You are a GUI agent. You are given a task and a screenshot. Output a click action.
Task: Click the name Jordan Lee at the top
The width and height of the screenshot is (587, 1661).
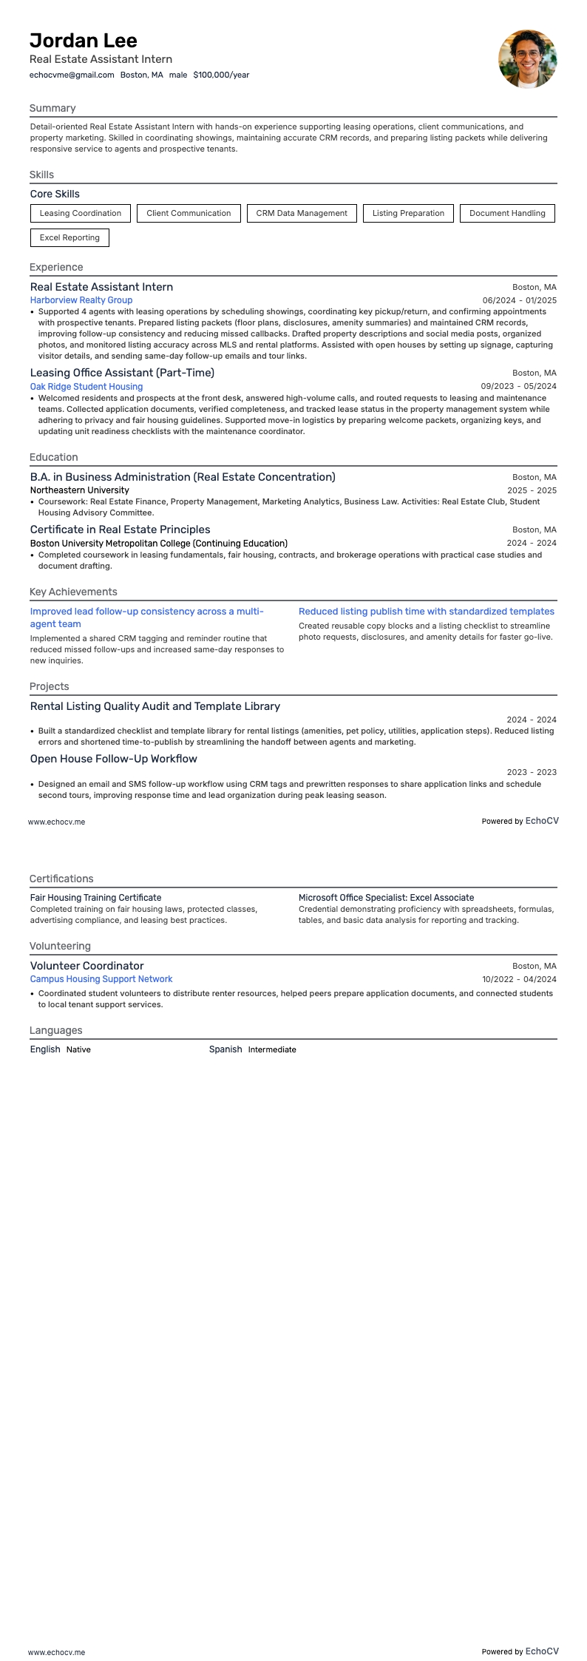click(84, 41)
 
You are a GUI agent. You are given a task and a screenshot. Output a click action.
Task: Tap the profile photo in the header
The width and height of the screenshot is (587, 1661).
click(527, 59)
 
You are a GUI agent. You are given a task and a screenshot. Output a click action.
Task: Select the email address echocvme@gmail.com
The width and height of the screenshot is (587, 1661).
click(72, 75)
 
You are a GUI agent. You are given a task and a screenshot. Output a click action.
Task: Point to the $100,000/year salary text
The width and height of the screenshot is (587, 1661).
click(221, 75)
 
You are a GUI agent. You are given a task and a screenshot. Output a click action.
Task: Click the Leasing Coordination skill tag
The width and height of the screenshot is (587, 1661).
click(81, 213)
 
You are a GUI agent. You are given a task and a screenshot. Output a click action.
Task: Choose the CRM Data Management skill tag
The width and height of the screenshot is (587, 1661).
click(302, 213)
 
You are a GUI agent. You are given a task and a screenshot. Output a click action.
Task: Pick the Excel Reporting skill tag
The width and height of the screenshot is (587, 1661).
click(69, 237)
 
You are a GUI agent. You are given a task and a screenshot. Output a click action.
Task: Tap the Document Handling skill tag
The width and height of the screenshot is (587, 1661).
click(507, 213)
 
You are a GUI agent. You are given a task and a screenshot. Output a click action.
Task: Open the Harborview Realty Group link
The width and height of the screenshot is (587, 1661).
click(81, 300)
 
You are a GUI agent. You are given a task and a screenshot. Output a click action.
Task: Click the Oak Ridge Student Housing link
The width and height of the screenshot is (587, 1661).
click(86, 387)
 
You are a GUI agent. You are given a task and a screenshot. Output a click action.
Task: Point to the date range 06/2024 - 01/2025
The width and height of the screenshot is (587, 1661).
click(519, 300)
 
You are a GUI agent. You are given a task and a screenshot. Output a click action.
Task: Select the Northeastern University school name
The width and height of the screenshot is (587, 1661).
click(80, 490)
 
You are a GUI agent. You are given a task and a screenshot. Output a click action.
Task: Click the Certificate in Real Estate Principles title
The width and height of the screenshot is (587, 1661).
click(120, 530)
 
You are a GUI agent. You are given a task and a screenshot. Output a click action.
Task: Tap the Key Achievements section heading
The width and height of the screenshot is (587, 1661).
click(73, 592)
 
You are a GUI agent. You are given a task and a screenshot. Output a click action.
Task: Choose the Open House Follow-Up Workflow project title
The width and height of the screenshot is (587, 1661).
click(114, 759)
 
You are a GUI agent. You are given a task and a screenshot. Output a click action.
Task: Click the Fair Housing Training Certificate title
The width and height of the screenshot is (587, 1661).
click(95, 898)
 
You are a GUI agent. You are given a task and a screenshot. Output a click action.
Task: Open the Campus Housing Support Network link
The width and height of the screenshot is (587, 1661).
click(101, 979)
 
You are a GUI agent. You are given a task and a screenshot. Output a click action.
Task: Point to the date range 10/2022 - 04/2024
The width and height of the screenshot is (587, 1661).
click(519, 979)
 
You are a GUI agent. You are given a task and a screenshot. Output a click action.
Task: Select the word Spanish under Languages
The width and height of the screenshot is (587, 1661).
click(225, 1049)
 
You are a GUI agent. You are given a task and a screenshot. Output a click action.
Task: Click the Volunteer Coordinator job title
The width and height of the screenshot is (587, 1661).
click(87, 966)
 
